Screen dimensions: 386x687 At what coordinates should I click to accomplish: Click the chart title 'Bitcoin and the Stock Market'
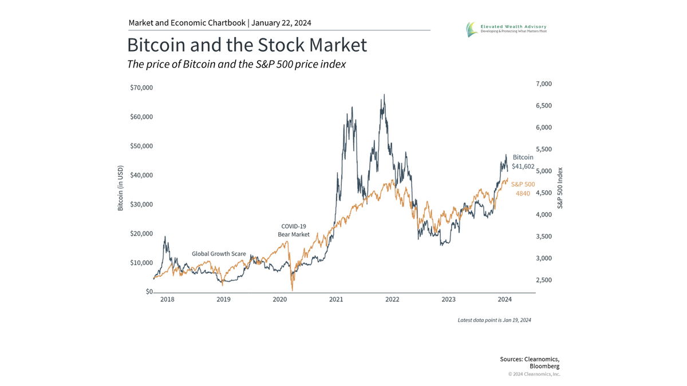coord(247,45)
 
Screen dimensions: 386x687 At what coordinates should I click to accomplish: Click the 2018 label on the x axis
coord(168,299)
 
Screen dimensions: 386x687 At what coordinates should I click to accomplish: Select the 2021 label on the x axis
coord(336,299)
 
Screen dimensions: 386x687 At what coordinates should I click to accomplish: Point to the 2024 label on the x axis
coord(505,299)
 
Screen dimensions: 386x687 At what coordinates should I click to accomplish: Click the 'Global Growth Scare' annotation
coord(218,253)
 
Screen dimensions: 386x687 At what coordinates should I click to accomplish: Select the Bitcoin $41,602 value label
coord(523,162)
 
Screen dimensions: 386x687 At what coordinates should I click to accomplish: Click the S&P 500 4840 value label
coord(523,189)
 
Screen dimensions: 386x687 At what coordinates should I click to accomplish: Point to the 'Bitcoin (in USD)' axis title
coord(121,189)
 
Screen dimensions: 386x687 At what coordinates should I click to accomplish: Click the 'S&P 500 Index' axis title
coord(560,188)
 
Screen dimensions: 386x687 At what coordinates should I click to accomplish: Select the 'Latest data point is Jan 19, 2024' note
coord(494,320)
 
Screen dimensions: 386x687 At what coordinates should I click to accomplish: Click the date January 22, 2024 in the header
coord(281,23)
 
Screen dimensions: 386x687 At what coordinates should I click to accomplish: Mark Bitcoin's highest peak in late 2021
coord(384,95)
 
